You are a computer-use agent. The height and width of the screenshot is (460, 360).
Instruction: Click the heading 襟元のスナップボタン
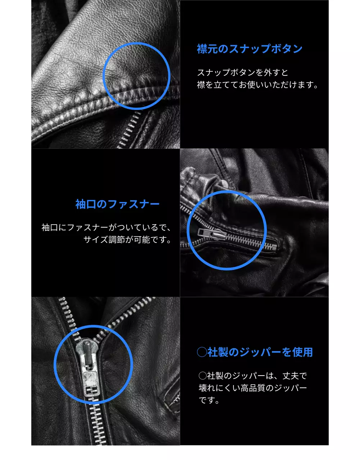[x=250, y=49]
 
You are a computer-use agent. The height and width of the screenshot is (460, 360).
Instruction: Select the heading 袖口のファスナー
[x=117, y=204]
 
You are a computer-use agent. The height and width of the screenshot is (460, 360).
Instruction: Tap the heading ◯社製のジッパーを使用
[x=255, y=352]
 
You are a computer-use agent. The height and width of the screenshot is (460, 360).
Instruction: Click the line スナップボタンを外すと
[x=243, y=72]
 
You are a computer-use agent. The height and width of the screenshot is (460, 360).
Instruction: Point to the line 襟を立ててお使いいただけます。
[x=258, y=85]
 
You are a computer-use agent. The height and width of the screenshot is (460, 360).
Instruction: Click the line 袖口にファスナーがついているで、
[x=106, y=227]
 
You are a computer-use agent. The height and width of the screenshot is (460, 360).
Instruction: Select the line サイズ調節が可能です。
[x=127, y=240]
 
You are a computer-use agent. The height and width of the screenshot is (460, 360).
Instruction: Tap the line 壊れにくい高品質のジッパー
[x=253, y=388]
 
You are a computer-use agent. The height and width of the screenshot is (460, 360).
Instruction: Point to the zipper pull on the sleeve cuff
[x=211, y=234]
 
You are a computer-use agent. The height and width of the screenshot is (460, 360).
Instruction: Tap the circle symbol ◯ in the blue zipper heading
[x=202, y=352]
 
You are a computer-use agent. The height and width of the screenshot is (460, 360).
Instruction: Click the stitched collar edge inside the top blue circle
[x=144, y=92]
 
